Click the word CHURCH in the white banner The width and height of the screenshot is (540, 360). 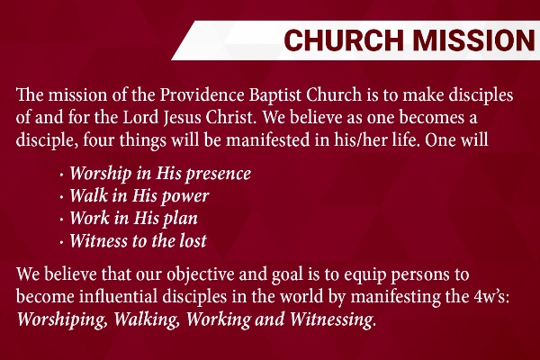pyautogui.click(x=344, y=40)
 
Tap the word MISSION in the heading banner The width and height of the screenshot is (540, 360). pyautogui.click(x=474, y=40)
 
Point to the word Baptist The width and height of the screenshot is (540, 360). pyautogui.click(x=275, y=95)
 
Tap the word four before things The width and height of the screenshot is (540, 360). pyautogui.click(x=99, y=140)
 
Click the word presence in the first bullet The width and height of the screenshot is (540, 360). pyautogui.click(x=219, y=174)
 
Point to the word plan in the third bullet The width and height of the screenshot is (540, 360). pyautogui.click(x=181, y=219)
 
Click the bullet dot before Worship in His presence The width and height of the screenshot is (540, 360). pyautogui.click(x=61, y=175)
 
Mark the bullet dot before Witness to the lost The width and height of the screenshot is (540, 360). pyautogui.click(x=61, y=242)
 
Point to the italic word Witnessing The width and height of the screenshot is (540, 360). pyautogui.click(x=331, y=319)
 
